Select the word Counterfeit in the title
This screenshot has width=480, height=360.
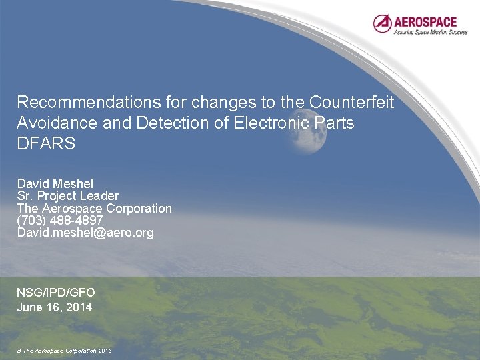point(351,103)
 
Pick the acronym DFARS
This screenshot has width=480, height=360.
point(46,144)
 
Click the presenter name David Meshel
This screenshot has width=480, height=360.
point(55,183)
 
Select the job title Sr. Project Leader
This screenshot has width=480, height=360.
point(67,196)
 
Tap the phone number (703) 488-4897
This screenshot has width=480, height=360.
point(60,221)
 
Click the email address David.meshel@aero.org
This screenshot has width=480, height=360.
point(85,233)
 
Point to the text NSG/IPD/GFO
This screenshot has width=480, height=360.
point(56,293)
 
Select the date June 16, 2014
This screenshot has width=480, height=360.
point(54,307)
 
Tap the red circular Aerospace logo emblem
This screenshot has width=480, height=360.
point(383,24)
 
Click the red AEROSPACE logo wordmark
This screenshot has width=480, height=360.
point(425,21)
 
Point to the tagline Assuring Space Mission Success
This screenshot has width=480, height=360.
point(430,31)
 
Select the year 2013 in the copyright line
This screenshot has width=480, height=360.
point(105,351)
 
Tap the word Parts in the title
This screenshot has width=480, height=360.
point(335,123)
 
